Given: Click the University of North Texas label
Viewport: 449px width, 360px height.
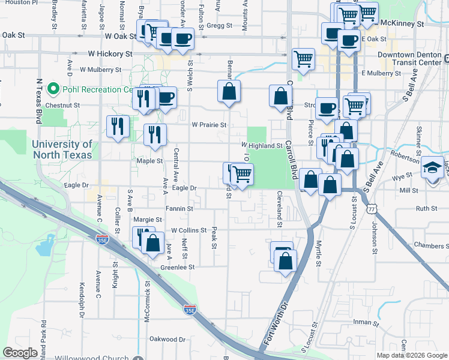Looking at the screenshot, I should click(x=62, y=149).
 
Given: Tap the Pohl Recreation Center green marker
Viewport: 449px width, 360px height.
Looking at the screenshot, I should click(x=53, y=89).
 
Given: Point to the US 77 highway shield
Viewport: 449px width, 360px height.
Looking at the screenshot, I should click(x=373, y=208).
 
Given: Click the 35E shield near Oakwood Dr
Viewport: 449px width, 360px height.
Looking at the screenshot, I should click(x=190, y=310).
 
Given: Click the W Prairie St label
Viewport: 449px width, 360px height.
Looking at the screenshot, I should click(x=209, y=125).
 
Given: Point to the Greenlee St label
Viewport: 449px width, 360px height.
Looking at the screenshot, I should click(x=178, y=267).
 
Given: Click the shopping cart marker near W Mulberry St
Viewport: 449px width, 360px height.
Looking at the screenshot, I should click(x=304, y=59).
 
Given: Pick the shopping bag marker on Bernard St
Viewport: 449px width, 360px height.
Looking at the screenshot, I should click(x=229, y=91).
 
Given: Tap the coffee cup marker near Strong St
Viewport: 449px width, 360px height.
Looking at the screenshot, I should click(x=327, y=107).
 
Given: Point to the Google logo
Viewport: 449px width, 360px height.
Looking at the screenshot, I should click(x=20, y=353).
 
